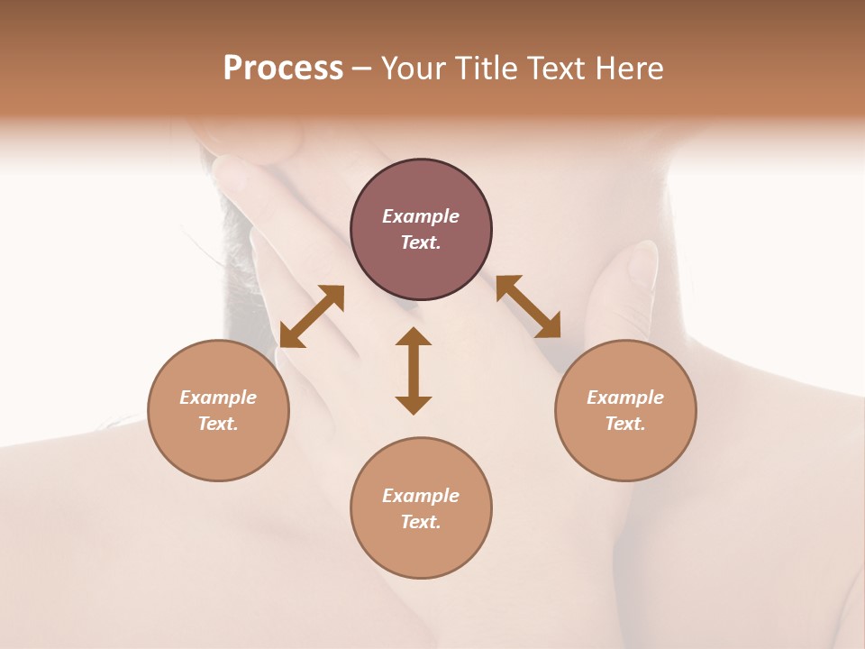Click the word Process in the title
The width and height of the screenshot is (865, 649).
coord(283,69)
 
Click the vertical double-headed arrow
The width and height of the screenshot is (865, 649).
coord(414,370)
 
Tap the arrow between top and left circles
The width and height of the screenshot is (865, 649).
coord(312,316)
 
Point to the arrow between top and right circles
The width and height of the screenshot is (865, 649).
coord(528,306)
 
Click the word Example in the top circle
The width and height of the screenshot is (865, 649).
coord(421,216)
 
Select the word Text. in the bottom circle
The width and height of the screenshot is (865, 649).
coord(421,522)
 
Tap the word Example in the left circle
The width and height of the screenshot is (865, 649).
coord(218,398)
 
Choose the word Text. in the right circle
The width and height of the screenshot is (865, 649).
coord(625,424)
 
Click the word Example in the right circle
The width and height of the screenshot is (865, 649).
coord(625,398)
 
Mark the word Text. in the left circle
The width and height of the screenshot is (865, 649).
coord(218,424)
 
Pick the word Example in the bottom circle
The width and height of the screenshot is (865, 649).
coord(421,496)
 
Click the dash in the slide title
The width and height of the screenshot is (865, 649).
coord(362,69)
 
